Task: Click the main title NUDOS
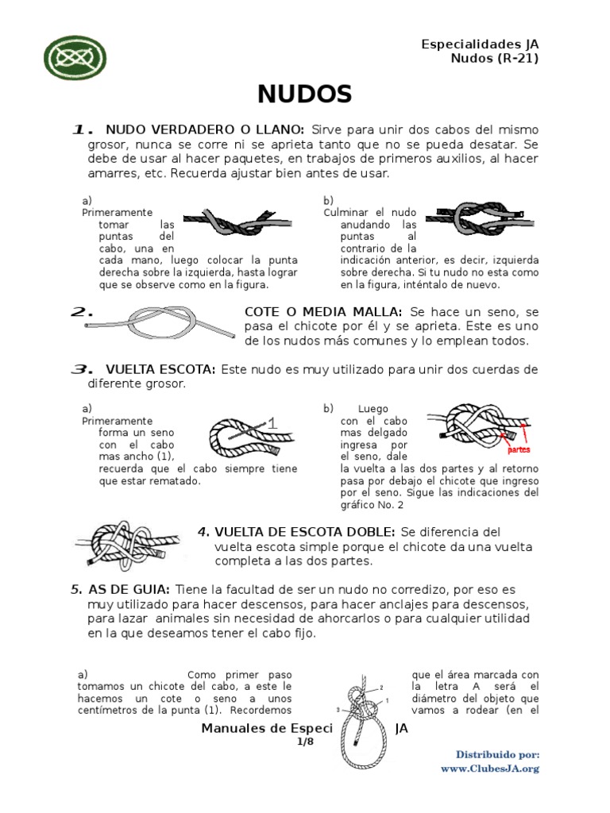pos(304,94)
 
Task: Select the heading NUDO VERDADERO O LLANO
pos(204,129)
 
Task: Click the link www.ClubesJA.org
pos(490,769)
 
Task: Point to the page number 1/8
pos(305,742)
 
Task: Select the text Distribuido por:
pos(498,753)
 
